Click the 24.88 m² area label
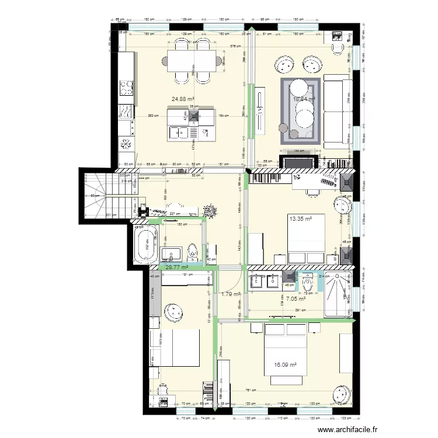click(x=183, y=99)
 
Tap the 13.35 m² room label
click(x=300, y=220)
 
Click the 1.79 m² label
click(x=231, y=294)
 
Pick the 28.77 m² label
click(x=176, y=267)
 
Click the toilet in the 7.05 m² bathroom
click(x=309, y=283)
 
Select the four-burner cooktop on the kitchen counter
click(x=127, y=88)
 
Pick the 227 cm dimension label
click(x=173, y=214)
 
